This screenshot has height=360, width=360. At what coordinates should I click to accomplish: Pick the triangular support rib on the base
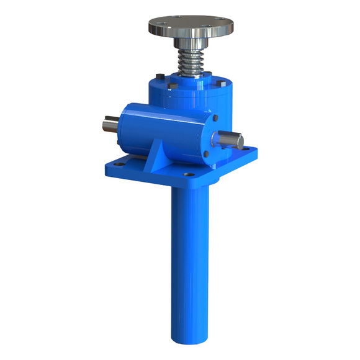coord(163,152)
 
